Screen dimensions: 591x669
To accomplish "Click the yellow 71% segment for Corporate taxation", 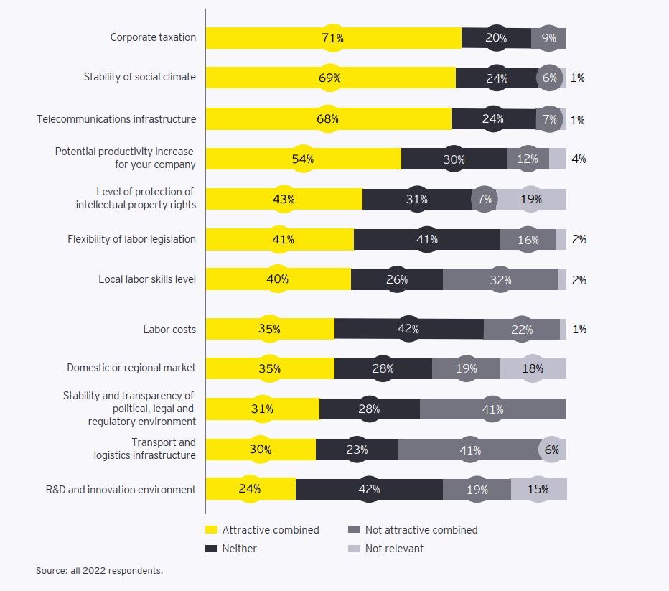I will click(333, 38).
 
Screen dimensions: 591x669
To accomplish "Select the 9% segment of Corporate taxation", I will click(549, 38).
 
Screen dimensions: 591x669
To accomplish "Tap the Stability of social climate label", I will click(139, 77).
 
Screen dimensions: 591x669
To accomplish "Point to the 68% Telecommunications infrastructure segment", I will click(328, 119).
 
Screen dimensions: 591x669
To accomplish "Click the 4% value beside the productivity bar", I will click(579, 159).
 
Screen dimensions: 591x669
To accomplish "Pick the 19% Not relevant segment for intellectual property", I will click(531, 200).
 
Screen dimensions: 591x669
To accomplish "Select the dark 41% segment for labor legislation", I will click(427, 240).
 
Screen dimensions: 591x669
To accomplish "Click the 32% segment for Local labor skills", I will click(500, 280).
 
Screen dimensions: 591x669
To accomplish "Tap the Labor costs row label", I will click(169, 330).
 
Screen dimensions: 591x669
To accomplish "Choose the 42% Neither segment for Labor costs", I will click(408, 330).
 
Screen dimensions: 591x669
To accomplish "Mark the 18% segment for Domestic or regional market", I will click(533, 369).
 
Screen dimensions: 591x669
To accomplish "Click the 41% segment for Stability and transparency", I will click(492, 409).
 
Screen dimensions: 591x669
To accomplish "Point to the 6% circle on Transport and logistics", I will click(551, 450).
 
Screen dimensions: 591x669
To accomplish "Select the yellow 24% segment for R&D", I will click(250, 490).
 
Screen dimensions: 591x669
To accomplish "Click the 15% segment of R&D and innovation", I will click(538, 490).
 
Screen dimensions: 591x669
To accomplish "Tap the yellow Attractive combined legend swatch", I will click(211, 530).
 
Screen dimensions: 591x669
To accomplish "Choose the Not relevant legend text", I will click(394, 549).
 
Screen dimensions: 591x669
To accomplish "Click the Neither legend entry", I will click(239, 549).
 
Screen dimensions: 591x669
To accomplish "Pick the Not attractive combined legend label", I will click(421, 530).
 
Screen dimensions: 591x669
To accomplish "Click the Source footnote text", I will click(100, 571).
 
